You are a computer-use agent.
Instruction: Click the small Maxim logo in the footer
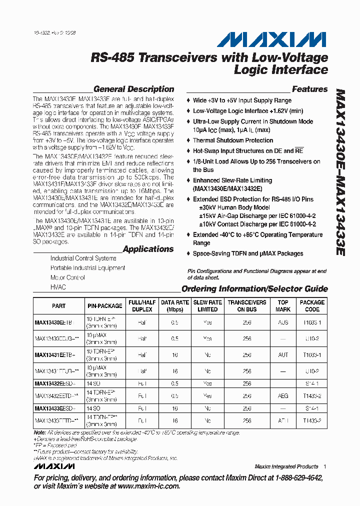coord(54,466)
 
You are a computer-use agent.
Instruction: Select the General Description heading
coord(133,89)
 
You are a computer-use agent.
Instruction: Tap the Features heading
coord(309,89)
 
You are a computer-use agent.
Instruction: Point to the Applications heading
coord(148,249)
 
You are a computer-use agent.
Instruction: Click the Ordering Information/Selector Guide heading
coord(254,288)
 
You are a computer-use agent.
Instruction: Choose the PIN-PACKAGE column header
coord(105,306)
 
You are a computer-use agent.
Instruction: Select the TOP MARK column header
coord(283,306)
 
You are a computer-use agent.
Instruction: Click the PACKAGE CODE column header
coord(312,306)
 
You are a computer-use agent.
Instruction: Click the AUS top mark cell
coord(283,322)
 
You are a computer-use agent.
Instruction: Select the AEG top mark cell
coord(283,395)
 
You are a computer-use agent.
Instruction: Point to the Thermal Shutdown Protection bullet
coord(233,140)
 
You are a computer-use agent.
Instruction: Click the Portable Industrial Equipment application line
coord(87,268)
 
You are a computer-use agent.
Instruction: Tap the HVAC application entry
coord(58,287)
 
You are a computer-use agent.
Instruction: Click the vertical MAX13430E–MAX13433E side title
coord(340,172)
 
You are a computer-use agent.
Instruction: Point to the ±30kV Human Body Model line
coord(234,207)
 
